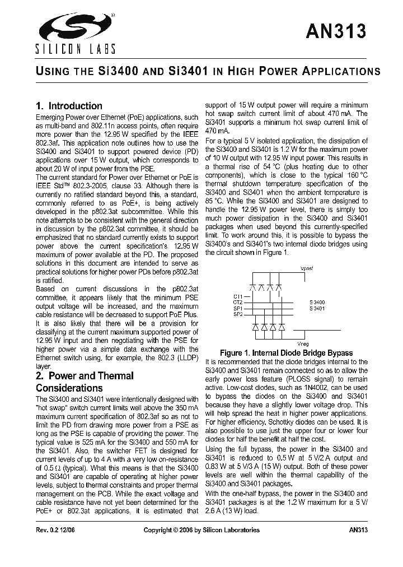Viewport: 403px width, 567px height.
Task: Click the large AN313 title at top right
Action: point(336,32)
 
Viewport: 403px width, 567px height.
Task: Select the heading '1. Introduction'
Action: point(69,106)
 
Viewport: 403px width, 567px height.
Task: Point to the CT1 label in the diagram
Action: point(238,296)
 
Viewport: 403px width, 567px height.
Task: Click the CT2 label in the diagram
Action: point(238,303)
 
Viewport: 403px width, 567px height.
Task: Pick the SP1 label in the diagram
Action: point(238,309)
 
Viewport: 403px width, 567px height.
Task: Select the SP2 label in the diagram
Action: point(238,315)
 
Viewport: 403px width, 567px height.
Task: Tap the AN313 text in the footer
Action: point(358,530)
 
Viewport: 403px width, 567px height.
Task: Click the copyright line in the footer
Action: point(201,530)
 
